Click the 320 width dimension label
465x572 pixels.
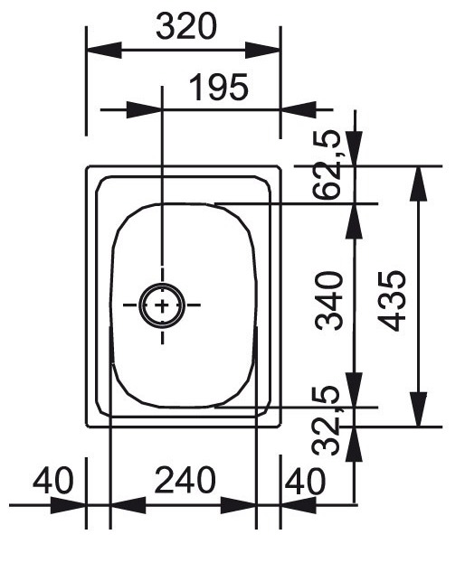186,26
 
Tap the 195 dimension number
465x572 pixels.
219,87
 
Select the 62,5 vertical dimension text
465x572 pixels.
327,164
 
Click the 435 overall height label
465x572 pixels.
392,300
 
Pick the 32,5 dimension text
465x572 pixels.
326,420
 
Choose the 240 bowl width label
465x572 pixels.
185,480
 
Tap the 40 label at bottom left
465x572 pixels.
53,480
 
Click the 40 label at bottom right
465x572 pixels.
305,481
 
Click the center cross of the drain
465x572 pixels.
162,305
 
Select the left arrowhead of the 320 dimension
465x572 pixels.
104,50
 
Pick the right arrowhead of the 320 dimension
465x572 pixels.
262,50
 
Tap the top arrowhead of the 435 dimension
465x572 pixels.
418,183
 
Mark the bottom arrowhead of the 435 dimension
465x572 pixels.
418,409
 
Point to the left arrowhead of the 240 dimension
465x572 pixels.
128,505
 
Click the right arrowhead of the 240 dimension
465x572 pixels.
238,505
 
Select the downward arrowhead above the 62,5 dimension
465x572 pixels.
355,148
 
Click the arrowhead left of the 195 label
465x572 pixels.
144,109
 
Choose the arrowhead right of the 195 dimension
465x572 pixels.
299,109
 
